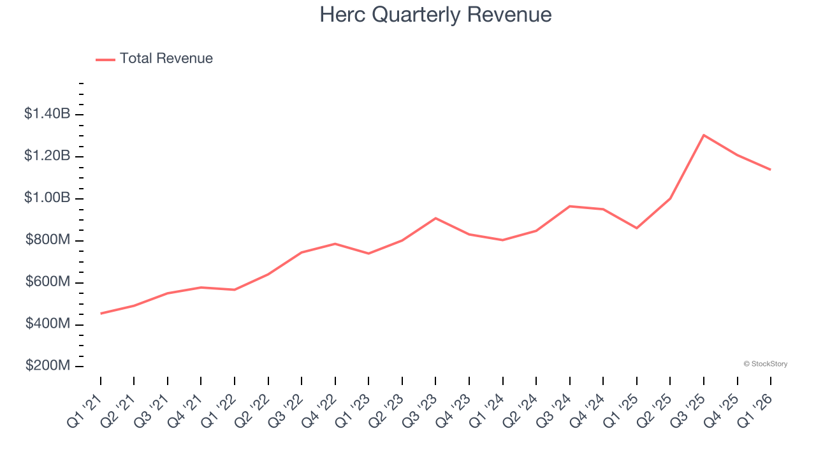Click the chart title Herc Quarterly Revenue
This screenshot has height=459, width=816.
[435, 15]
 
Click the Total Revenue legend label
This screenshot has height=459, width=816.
[166, 59]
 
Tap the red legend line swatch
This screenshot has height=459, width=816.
[105, 59]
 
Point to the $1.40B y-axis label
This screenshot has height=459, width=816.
[47, 114]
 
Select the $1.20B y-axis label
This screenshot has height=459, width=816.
[47, 156]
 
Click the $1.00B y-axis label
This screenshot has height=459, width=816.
[47, 198]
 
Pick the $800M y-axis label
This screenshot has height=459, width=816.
[47, 240]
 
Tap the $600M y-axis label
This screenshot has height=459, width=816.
[47, 282]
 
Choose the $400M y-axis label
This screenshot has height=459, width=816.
[47, 324]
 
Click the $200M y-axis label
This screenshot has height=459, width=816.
[47, 367]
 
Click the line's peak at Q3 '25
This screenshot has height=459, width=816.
[703, 135]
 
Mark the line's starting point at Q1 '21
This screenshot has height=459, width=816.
[101, 314]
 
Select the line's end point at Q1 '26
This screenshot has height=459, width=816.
[770, 170]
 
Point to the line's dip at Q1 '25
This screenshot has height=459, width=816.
[636, 228]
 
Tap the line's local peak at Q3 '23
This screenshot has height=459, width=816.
[435, 218]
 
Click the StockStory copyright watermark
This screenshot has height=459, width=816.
[765, 364]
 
